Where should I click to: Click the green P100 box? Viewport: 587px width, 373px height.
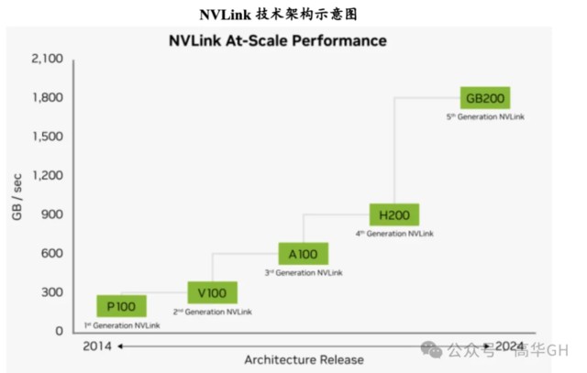(x=121, y=306)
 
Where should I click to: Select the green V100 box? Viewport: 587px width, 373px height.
(x=212, y=293)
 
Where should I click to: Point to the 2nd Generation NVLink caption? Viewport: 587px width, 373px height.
(x=212, y=313)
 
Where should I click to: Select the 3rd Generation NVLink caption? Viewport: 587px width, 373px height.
(x=303, y=273)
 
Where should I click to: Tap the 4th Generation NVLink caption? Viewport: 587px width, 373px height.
(x=394, y=234)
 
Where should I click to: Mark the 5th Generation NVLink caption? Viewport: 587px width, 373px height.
(x=484, y=117)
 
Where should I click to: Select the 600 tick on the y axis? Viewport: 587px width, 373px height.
(x=51, y=254)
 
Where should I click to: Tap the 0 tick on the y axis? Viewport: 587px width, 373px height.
(x=59, y=331)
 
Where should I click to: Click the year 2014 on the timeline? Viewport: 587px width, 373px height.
(x=97, y=346)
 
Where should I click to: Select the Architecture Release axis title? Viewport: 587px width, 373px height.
(x=304, y=359)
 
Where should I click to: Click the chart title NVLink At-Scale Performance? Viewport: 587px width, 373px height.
(x=278, y=40)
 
